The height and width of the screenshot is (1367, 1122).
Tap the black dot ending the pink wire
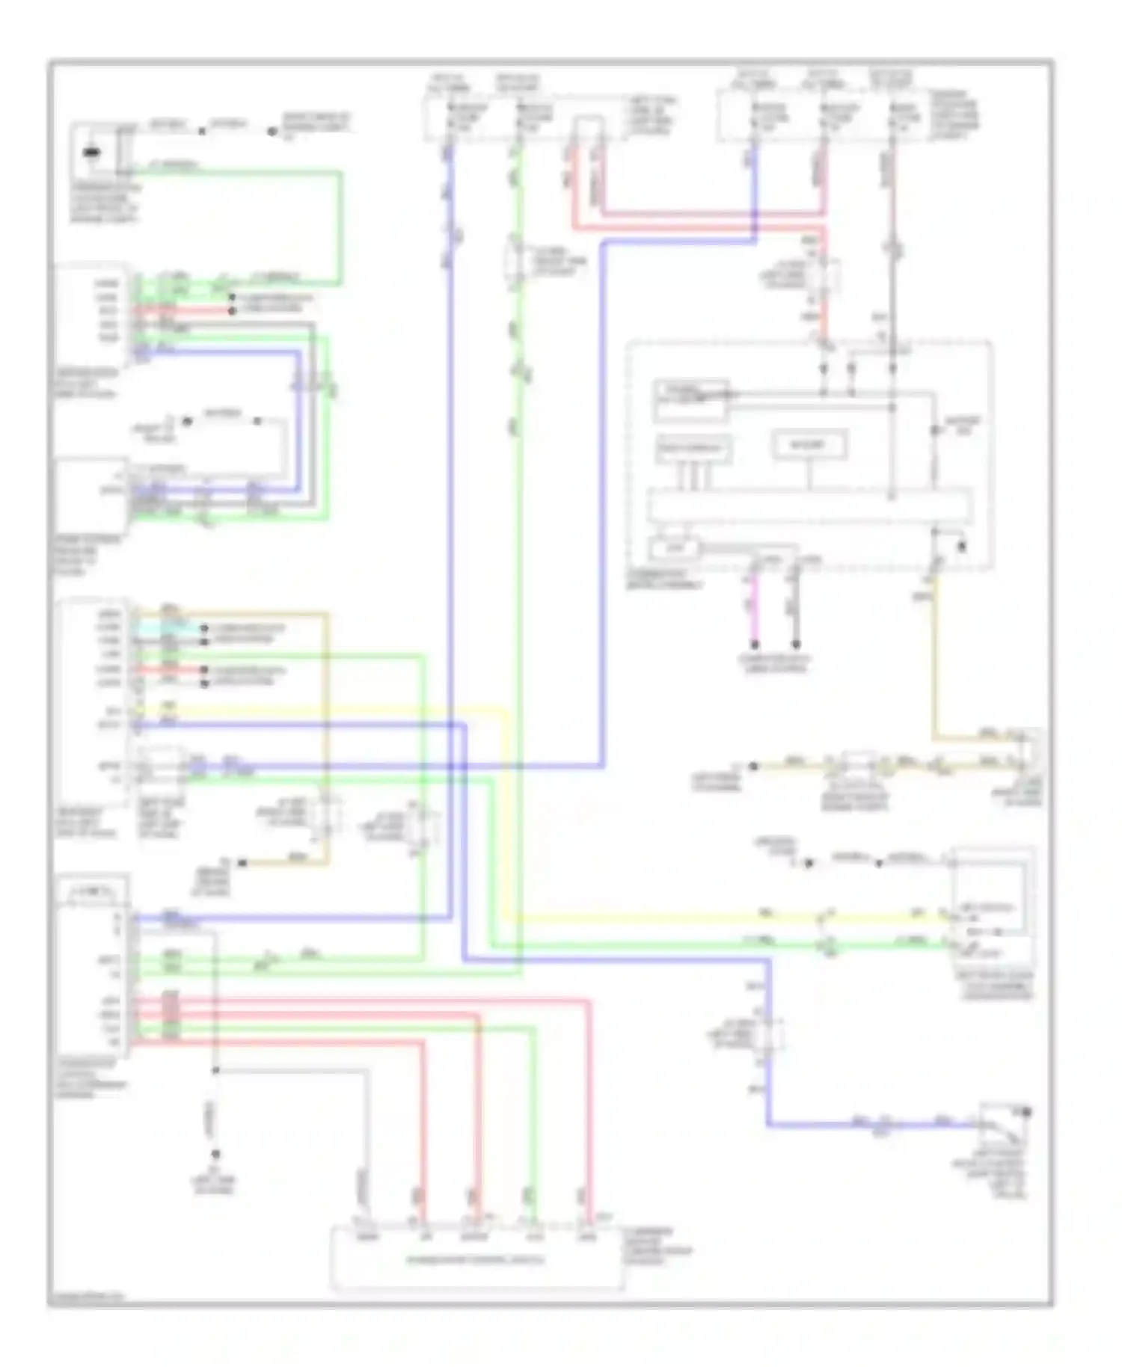point(755,645)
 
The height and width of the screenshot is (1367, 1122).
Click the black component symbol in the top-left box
point(91,153)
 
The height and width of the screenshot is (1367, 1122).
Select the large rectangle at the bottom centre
point(477,1259)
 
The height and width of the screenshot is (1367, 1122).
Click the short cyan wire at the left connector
point(169,628)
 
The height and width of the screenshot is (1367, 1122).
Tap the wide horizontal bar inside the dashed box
point(809,506)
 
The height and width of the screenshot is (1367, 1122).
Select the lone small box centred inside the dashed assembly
point(809,446)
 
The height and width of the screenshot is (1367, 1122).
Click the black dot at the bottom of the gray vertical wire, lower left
point(215,1154)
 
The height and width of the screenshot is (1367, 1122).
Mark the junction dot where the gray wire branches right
point(215,1071)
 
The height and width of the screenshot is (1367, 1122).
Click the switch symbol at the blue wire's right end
point(1006,1120)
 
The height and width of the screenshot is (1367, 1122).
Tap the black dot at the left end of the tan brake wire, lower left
point(242,863)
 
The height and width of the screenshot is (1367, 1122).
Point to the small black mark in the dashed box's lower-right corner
point(963,547)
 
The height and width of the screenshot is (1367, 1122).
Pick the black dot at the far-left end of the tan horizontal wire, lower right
point(754,767)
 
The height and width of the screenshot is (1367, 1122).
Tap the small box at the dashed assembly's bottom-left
point(674,549)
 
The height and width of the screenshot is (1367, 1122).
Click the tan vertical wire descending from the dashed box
point(934,658)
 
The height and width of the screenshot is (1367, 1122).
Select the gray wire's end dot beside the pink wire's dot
point(796,645)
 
